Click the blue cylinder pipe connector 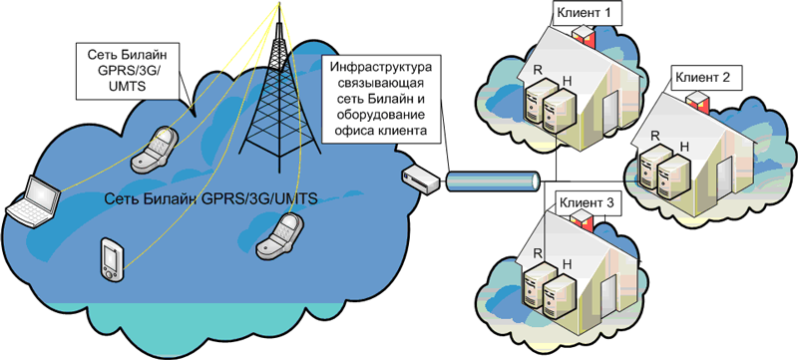pyautogui.click(x=492, y=180)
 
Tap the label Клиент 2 pyautogui.click(x=703, y=77)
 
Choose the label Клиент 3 pyautogui.click(x=590, y=201)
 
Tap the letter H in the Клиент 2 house pyautogui.click(x=682, y=146)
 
